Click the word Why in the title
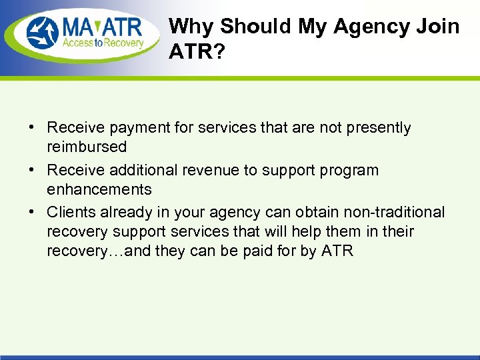(192, 27)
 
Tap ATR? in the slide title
(198, 52)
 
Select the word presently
(377, 128)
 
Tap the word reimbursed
(86, 147)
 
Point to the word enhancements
(99, 189)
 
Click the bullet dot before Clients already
(32, 213)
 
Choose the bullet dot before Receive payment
(32, 128)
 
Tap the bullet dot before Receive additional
(32, 171)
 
